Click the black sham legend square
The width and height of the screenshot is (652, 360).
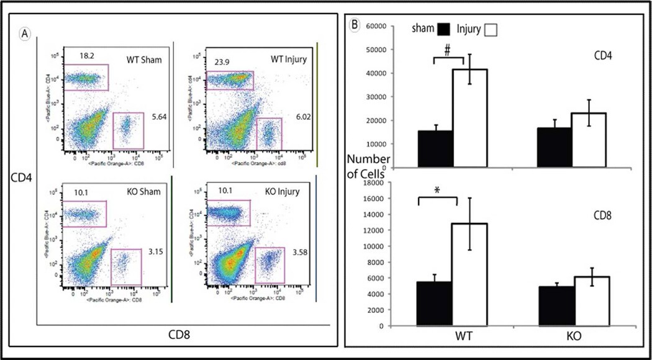(443, 28)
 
